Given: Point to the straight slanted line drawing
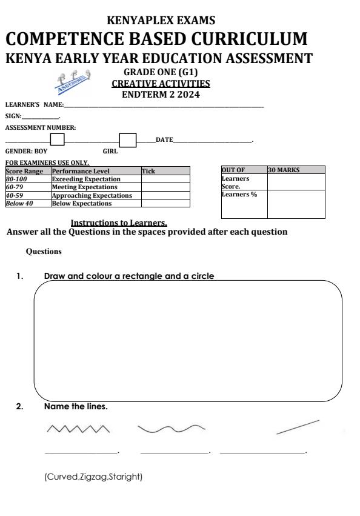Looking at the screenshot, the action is click(x=297, y=427).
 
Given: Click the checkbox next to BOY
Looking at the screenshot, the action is click(x=58, y=140).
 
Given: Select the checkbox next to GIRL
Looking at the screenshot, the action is click(x=127, y=140).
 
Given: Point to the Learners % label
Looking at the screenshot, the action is click(x=237, y=195).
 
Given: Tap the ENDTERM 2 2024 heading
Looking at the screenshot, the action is click(x=161, y=95).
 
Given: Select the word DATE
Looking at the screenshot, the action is click(x=164, y=140).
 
